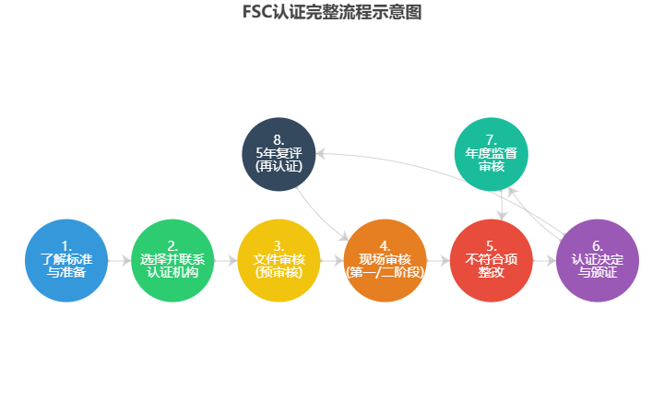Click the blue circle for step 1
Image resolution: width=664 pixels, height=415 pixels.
coord(66,260)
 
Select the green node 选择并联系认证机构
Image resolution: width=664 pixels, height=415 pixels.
coord(172,260)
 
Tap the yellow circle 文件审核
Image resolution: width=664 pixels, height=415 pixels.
coord(279,260)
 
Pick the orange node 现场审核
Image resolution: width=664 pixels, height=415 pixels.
coord(385,260)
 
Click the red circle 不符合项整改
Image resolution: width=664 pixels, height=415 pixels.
coord(492,260)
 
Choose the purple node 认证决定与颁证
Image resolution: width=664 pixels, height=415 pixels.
coord(598,260)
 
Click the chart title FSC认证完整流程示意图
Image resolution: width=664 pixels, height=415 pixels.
coord(332,12)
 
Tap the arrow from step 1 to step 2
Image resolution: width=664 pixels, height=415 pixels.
coord(120,261)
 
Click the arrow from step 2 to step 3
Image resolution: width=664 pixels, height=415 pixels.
coord(226,261)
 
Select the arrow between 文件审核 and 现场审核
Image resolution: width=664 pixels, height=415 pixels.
coord(332,261)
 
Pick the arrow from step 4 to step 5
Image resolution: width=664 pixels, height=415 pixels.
coord(438,261)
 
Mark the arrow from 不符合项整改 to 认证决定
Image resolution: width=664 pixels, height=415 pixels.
coord(544,261)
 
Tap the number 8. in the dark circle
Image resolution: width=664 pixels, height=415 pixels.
coord(279,140)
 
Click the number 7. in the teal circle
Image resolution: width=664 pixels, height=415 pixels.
coord(492,140)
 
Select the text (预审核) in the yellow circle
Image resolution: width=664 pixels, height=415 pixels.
coord(279,272)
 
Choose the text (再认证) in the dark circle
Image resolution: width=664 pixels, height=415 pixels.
coord(279,167)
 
